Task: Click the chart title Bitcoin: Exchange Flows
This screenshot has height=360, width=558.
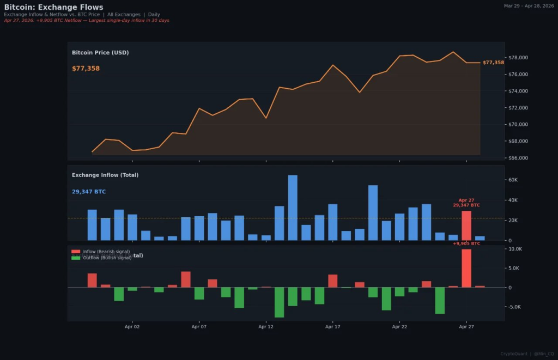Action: tap(53, 7)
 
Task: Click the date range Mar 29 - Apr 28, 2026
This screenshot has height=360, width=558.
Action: tap(529, 5)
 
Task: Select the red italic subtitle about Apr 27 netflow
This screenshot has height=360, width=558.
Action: tap(86, 20)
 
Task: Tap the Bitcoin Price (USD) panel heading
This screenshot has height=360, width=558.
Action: tap(100, 53)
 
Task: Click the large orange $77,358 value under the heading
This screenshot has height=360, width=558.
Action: tap(86, 69)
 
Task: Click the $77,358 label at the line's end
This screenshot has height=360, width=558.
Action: tap(493, 63)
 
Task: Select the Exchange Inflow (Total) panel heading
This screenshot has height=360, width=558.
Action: tap(105, 175)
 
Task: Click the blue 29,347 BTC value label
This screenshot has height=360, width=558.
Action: tap(89, 192)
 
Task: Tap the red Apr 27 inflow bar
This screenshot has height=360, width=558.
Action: tap(466, 225)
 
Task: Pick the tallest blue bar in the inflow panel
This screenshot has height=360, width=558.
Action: tap(293, 208)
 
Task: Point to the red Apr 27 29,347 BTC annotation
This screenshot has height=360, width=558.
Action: tap(466, 203)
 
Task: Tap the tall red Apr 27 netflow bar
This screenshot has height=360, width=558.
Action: tap(466, 268)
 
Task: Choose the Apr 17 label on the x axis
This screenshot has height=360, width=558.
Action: tap(332, 327)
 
